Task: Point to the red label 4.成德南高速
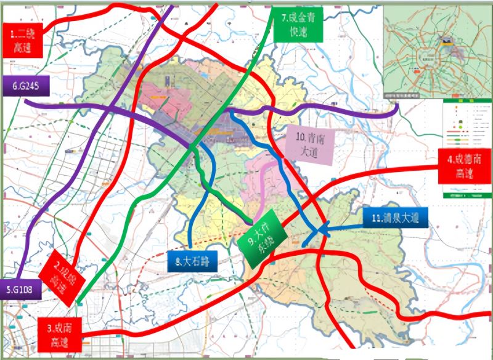[x=464, y=166]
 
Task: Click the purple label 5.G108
[x=20, y=290]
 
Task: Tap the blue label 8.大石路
[x=192, y=261]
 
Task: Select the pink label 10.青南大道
[x=310, y=144]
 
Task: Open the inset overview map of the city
[x=436, y=51]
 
